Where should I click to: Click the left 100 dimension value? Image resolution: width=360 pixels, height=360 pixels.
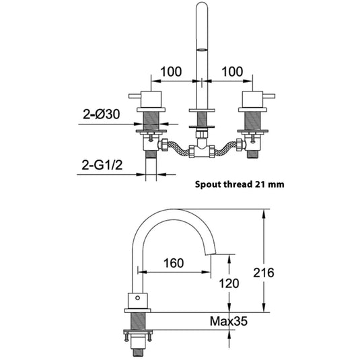coord(171,71)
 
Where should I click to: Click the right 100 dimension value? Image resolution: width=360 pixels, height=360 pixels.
coord(232,71)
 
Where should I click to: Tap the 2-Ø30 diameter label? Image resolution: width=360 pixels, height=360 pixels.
coord(101,114)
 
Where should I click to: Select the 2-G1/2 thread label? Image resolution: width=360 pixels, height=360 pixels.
coord(102,165)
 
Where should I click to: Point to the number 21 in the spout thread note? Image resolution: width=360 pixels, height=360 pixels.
coord(260,184)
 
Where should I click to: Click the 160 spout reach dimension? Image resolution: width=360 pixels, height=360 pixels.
coord(174,263)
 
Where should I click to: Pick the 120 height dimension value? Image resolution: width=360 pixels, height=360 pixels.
coord(229,283)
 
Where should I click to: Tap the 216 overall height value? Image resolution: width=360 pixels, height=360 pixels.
coord(264,273)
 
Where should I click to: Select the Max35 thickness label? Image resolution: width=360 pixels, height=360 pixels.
coord(229,321)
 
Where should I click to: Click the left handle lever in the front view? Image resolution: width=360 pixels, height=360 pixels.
coord(135,96)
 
